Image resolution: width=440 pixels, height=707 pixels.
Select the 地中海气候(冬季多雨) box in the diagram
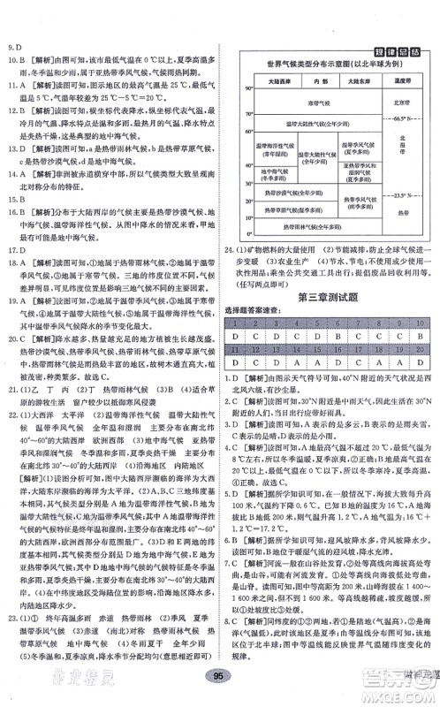pos(274,174)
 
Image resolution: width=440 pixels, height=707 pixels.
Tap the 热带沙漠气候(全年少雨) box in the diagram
pos(297,194)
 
